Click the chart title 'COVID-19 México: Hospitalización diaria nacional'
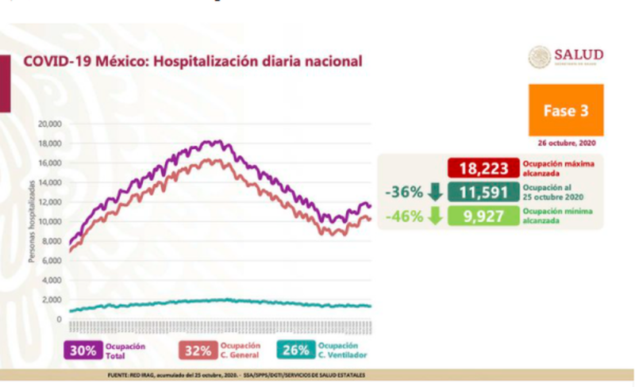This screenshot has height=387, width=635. [193, 60]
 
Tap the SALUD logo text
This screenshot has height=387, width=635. [579, 54]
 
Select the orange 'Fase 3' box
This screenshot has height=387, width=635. [566, 110]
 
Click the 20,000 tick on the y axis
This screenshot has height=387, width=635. [49, 124]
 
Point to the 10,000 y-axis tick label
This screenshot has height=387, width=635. [49, 221]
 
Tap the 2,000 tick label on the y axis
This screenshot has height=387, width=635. [51, 300]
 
